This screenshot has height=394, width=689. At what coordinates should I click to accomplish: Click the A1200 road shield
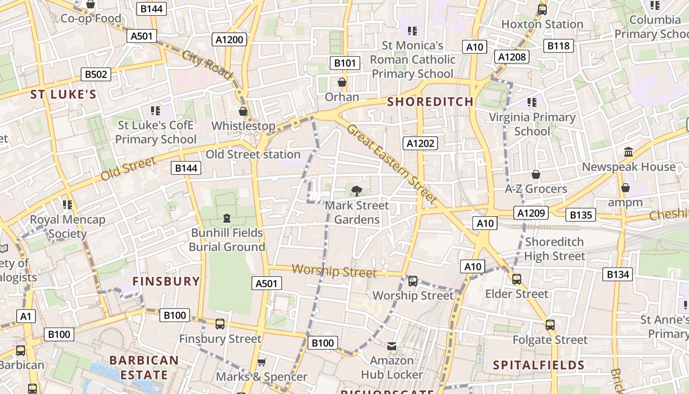point(230,39)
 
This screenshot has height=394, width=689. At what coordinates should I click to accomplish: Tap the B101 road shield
point(344,63)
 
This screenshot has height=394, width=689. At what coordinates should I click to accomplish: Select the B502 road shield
point(96,74)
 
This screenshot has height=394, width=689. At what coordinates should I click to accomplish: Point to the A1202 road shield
point(420,143)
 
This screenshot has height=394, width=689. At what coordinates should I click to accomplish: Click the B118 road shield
point(559,46)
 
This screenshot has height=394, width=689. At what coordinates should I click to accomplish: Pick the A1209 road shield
point(532,213)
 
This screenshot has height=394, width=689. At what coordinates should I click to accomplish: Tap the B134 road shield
point(617,274)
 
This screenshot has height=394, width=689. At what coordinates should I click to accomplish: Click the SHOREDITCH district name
point(430,102)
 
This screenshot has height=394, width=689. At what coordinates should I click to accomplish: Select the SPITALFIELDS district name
point(538,365)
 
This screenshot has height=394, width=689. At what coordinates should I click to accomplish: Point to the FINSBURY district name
point(166,282)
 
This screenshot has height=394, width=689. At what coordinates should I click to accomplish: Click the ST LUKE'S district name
point(63,95)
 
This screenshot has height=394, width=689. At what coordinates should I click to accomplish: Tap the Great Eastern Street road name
point(392,164)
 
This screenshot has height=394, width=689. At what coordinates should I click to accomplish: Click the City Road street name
point(207,65)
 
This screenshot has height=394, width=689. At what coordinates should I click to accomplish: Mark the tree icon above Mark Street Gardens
point(357,190)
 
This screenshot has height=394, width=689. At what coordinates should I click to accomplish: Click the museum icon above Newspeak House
point(628,152)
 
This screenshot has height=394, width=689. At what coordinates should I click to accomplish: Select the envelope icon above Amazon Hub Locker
point(392,346)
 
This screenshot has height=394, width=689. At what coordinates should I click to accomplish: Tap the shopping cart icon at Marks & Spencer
point(262,362)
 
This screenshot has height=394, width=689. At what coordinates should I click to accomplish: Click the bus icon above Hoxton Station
point(542,9)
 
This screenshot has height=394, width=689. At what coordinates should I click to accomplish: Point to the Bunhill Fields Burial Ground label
point(227,239)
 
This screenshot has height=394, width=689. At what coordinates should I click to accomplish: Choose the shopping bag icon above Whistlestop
point(243,111)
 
